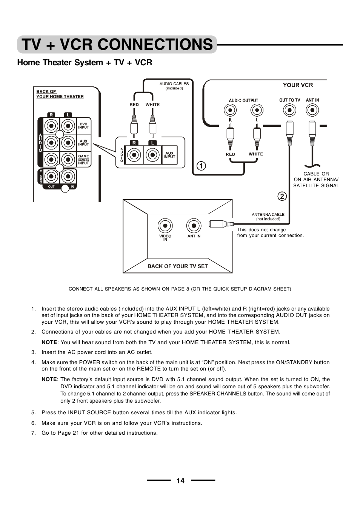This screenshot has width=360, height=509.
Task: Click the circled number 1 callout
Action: (202, 166)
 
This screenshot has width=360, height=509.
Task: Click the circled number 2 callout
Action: (282, 196)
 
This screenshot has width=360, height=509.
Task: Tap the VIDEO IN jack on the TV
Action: (165, 226)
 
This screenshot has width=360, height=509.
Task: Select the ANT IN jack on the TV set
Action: (194, 226)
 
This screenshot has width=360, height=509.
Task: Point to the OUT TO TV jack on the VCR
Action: (289, 110)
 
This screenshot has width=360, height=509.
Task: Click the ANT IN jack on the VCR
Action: (312, 110)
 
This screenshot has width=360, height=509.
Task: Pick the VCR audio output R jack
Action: (230, 110)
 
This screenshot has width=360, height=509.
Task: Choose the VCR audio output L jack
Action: (257, 110)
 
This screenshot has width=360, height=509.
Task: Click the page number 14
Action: (180, 481)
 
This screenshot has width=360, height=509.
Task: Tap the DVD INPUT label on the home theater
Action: (83, 126)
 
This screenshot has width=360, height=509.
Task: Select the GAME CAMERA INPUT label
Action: (83, 160)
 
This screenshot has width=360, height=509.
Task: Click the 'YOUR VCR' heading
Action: (298, 85)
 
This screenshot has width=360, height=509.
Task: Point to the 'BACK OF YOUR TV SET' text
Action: (177, 266)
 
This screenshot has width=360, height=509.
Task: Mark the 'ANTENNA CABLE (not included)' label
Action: (268, 217)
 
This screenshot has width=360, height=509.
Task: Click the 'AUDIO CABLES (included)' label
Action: (174, 86)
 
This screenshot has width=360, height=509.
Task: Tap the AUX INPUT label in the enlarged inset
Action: (169, 155)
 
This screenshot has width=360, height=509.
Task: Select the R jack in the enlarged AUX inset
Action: (134, 155)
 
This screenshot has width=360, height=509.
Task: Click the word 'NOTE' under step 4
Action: (49, 380)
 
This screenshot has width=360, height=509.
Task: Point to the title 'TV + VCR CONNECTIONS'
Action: (117, 45)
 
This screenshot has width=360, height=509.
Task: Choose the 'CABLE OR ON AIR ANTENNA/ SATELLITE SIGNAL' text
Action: (316, 180)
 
